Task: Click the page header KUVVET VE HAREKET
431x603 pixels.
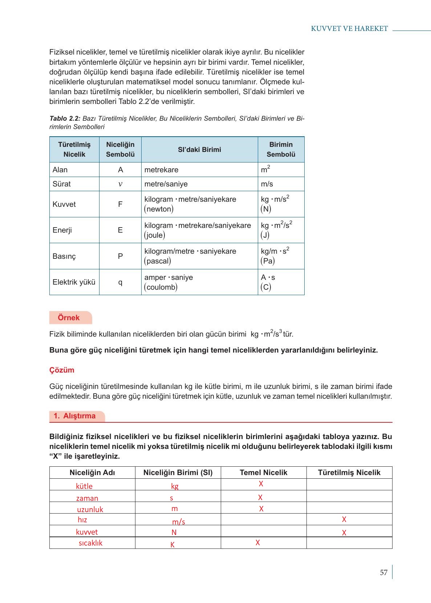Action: click(x=349, y=29)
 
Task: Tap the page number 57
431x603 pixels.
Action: click(x=383, y=573)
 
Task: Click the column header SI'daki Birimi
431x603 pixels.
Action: click(x=199, y=149)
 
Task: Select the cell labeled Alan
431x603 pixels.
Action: click(x=60, y=170)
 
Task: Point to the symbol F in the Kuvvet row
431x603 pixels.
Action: click(x=120, y=204)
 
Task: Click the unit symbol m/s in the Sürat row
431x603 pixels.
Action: click(x=267, y=184)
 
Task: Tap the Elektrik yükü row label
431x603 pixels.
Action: click(x=74, y=282)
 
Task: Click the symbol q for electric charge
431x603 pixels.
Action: click(x=120, y=282)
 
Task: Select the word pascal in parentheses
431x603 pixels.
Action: click(x=158, y=261)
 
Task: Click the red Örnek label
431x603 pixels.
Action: click(x=69, y=318)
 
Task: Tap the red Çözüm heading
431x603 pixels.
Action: click(x=62, y=370)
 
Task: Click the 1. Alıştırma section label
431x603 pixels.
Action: click(x=75, y=416)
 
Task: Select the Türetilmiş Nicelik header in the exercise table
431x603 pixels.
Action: click(x=349, y=473)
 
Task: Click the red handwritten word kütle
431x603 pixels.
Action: click(x=84, y=486)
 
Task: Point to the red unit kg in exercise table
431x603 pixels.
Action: click(x=175, y=486)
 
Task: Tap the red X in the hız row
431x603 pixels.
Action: click(x=344, y=519)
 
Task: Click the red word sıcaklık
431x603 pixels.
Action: click(x=91, y=543)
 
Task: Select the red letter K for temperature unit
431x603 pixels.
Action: click(x=172, y=545)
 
